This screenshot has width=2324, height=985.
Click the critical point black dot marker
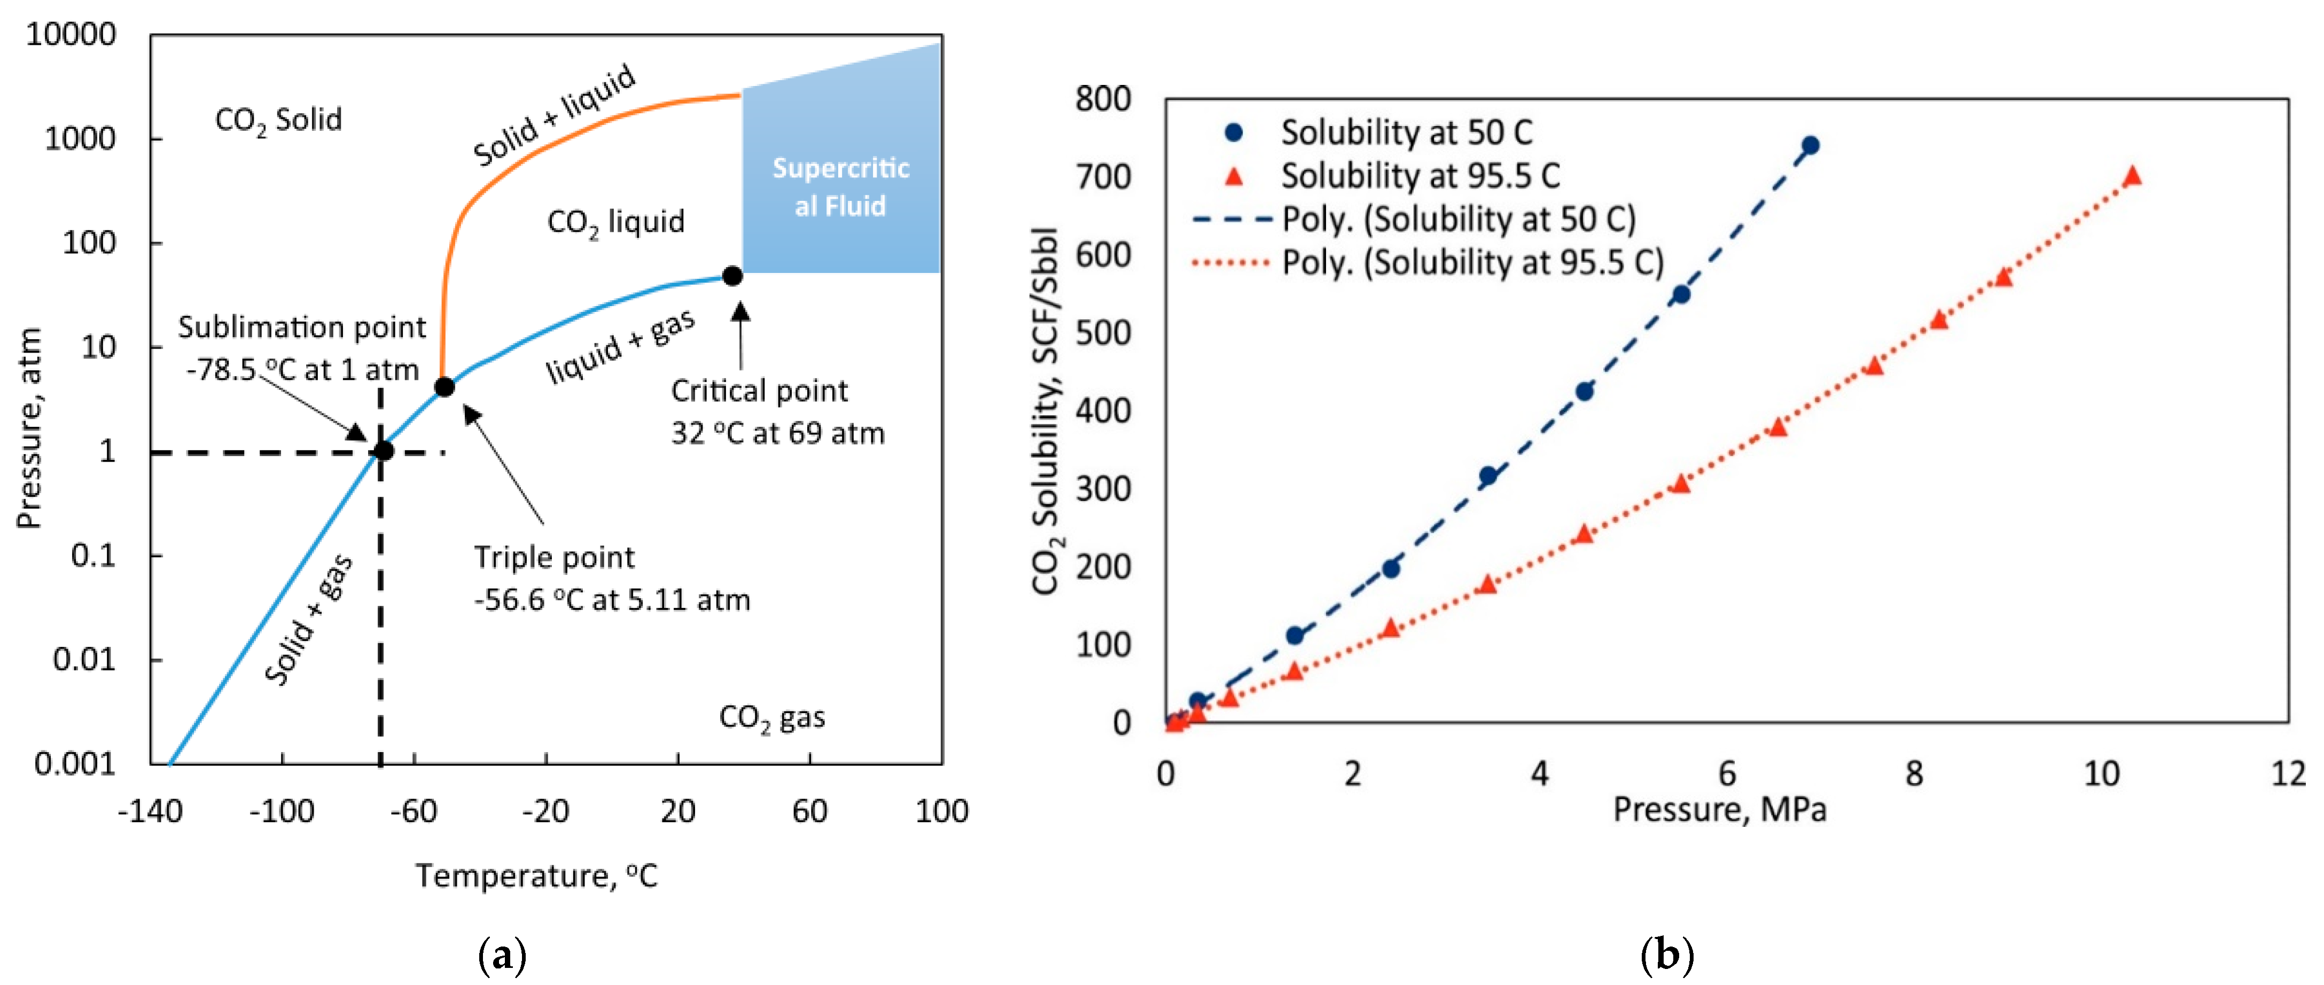732,276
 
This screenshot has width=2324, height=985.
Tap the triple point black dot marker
444,387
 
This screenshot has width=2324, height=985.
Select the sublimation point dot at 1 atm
384,451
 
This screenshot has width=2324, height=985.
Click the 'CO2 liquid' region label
615,222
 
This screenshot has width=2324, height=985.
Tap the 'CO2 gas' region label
771,718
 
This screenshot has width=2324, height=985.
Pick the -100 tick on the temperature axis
282,811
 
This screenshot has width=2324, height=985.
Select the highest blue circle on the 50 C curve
1809,145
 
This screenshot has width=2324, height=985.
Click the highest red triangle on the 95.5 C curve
2132,176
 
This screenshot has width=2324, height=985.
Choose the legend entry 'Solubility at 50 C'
1406,132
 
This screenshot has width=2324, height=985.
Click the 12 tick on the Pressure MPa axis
2288,773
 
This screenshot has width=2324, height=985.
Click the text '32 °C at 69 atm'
778,434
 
